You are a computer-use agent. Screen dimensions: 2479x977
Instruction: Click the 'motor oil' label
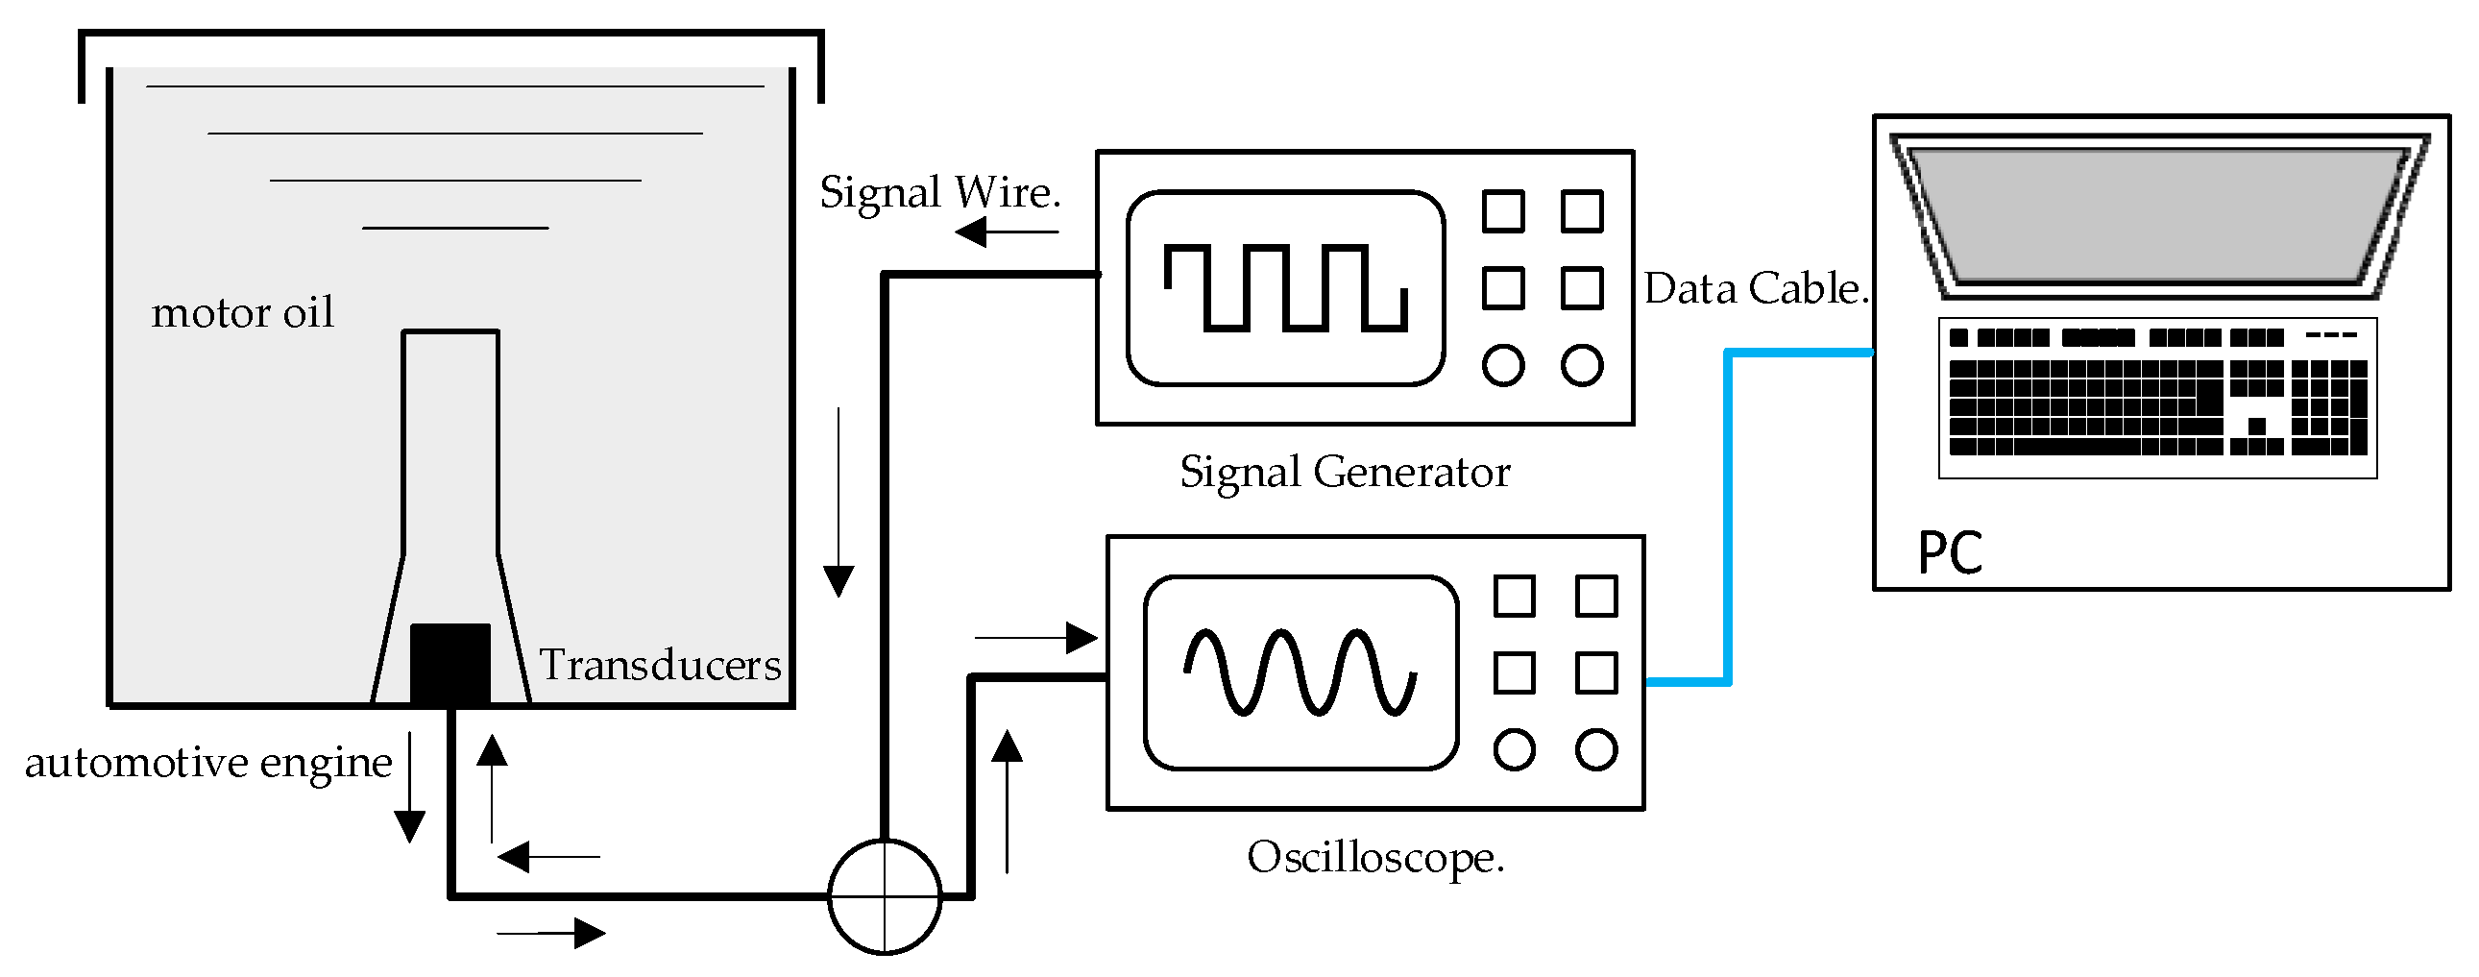pos(242,313)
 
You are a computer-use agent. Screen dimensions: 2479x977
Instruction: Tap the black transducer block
pos(450,664)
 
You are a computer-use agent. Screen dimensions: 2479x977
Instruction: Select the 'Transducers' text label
pos(660,664)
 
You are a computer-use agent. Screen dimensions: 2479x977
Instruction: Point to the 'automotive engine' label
pos(208,764)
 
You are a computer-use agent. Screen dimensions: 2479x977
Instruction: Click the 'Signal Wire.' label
pos(940,192)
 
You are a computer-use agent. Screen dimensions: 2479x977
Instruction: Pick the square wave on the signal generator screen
pos(1286,288)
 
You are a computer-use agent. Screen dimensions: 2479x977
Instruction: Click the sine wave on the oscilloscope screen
pos(1300,672)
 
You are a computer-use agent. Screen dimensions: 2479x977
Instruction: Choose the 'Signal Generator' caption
pos(1346,473)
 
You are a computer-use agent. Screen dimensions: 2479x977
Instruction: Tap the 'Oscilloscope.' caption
pos(1375,857)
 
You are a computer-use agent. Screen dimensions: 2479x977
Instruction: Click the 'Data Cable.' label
pos(1757,288)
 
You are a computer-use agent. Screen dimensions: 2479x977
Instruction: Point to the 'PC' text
pos(1950,552)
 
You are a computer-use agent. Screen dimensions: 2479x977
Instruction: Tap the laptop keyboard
pos(2157,397)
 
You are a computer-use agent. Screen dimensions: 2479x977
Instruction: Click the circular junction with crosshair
pos(885,896)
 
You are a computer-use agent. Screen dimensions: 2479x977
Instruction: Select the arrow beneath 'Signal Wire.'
pos(1007,231)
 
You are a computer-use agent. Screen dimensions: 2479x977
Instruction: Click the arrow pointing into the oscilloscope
pos(1036,637)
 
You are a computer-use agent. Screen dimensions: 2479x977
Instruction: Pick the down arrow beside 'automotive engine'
pos(410,788)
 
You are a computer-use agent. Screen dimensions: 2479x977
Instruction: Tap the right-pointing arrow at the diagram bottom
pos(551,933)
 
